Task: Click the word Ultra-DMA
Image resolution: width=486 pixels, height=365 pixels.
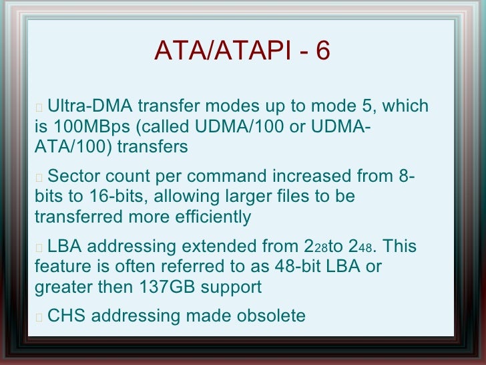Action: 90,107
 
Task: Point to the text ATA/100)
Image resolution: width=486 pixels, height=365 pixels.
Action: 73,147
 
